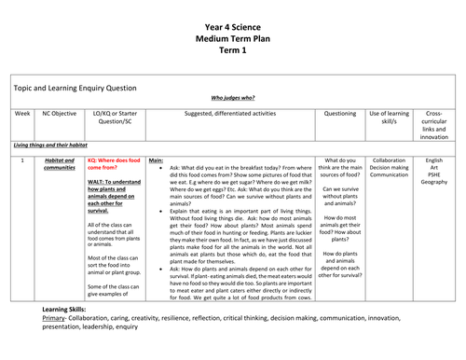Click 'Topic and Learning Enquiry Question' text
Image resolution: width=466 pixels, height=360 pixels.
tap(74, 84)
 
